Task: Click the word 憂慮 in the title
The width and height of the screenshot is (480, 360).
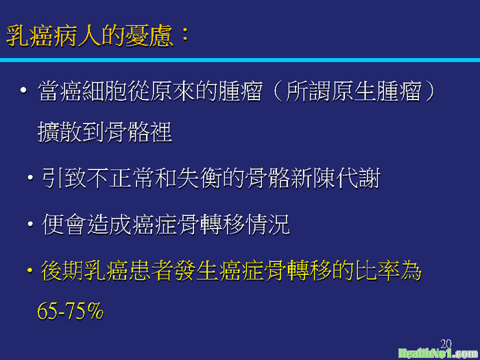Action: coord(149,36)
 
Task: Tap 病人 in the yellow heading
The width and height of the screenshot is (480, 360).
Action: coord(77,36)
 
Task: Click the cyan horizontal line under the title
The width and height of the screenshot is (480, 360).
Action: coord(240,60)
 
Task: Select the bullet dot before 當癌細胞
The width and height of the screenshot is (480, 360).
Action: coord(23,91)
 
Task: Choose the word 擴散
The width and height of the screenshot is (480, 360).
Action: coord(60,132)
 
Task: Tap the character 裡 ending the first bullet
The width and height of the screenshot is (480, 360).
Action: coord(161,132)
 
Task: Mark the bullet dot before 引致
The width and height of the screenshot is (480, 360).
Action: coord(30,178)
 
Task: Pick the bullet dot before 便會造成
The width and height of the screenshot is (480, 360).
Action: coord(30,224)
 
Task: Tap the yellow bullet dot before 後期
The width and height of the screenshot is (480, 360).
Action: coord(30,270)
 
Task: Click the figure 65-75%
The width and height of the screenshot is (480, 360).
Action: coord(71,311)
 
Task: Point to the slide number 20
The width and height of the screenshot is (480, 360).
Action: coord(446,344)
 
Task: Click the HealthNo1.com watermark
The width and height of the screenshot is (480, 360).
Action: coord(438,353)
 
